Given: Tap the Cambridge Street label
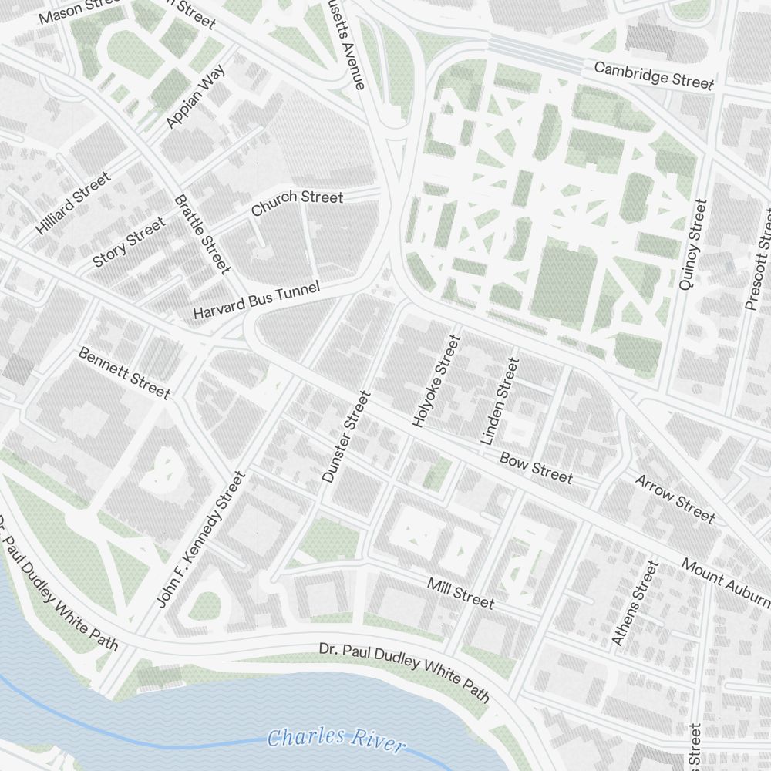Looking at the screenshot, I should [654, 76].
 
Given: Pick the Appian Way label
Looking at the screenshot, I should [196, 97].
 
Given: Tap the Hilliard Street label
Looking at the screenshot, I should [73, 203].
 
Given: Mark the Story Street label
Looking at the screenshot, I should [129, 242].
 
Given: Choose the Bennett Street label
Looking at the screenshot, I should [123, 373].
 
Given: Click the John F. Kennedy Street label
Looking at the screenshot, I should [200, 540].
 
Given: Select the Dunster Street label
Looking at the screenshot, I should [346, 437].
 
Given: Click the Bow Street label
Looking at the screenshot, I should [536, 467].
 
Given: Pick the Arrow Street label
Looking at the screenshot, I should [675, 498].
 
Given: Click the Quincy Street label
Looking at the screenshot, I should [692, 244].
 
